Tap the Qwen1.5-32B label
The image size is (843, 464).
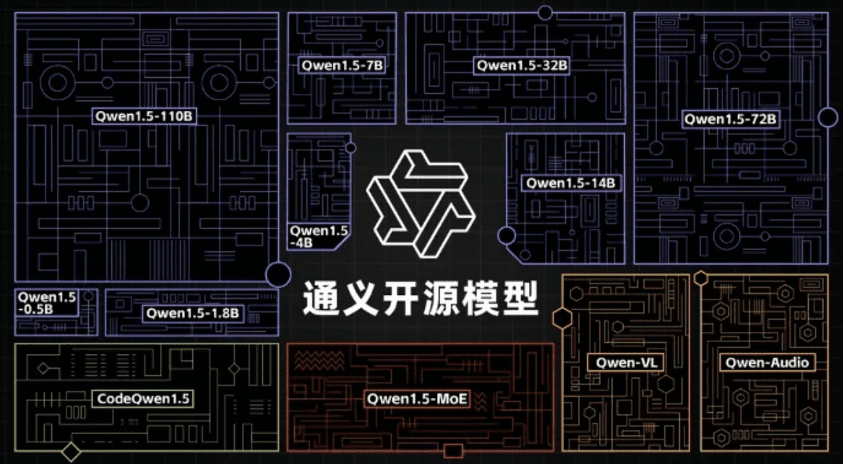(x=522, y=65)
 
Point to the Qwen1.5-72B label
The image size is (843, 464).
(x=730, y=119)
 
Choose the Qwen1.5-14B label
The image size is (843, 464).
(x=570, y=183)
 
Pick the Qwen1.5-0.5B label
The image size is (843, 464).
(x=47, y=303)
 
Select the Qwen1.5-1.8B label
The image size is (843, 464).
(x=193, y=314)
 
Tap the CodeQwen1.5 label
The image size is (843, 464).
(x=143, y=398)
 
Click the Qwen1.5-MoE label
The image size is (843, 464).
(x=417, y=398)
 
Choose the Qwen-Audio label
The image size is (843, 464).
(x=767, y=363)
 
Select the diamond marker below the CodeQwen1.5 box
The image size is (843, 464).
(x=71, y=452)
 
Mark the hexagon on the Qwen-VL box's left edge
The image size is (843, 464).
(x=561, y=318)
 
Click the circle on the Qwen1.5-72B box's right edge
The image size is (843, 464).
(x=828, y=117)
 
